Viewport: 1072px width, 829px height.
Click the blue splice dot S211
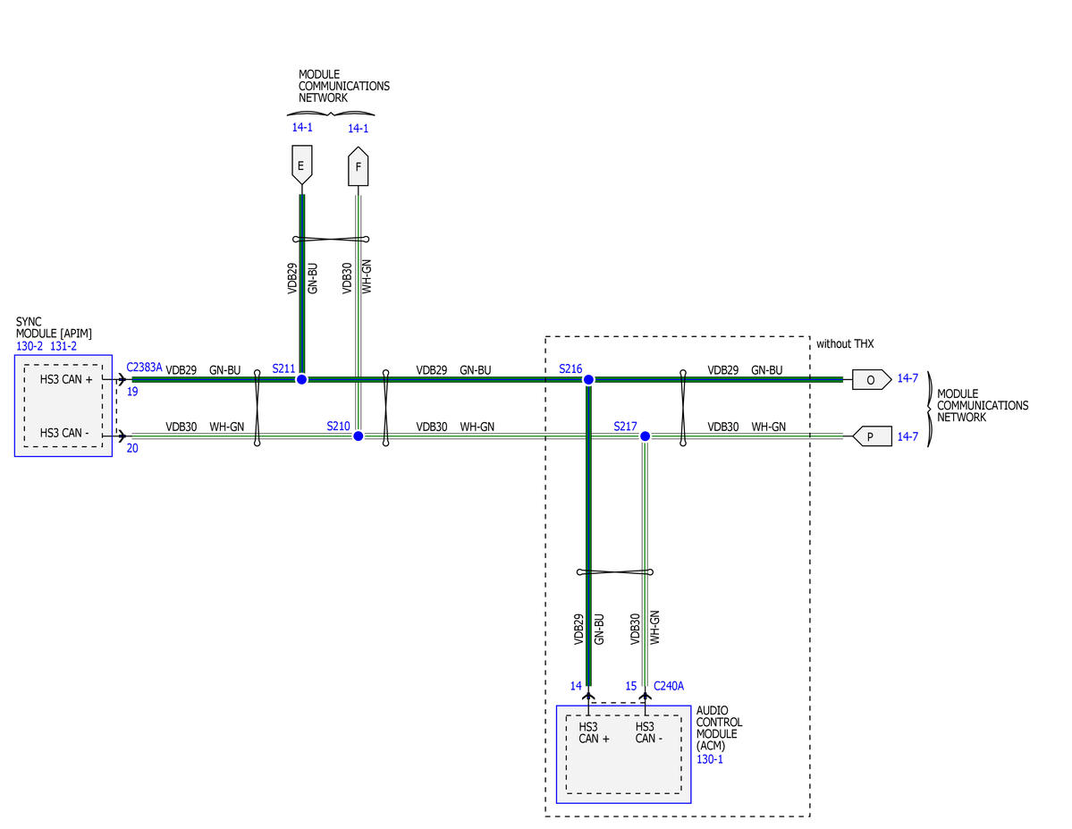point(301,379)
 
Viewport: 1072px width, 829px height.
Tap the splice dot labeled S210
point(359,436)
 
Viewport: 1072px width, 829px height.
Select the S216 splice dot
point(588,379)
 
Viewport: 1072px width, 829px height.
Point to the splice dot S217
point(645,436)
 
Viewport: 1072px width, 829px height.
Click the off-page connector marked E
point(301,165)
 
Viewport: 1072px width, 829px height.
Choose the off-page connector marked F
point(359,166)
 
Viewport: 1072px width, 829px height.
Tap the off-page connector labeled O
point(872,379)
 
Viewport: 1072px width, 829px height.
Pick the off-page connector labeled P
point(872,436)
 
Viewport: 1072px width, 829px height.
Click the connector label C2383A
point(144,368)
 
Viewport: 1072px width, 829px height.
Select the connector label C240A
point(669,686)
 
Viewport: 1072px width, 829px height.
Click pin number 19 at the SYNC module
point(132,392)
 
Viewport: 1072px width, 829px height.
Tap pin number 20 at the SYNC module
point(132,448)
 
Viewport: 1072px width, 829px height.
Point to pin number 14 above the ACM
point(576,686)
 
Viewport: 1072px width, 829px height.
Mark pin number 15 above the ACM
point(631,686)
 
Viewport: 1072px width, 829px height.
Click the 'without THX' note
point(845,344)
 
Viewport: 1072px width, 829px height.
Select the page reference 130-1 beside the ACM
point(710,759)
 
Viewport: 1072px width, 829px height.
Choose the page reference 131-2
point(63,346)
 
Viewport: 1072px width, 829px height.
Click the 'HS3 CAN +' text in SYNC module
point(65,379)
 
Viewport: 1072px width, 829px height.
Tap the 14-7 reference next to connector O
point(907,378)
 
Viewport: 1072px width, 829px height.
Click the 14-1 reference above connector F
point(359,129)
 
